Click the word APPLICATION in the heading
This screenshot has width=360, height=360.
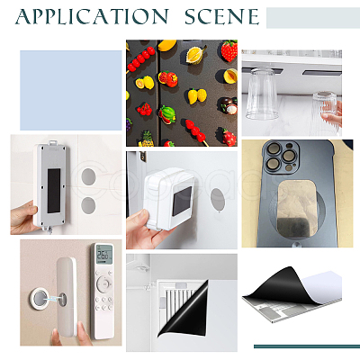[x=92, y=16]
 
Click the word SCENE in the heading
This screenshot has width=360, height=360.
[x=222, y=16]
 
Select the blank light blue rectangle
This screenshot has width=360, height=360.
[x=71, y=90]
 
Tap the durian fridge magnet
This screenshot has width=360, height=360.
[x=196, y=54]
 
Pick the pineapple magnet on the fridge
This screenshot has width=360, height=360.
[x=147, y=139]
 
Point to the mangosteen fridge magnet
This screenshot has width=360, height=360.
[x=228, y=105]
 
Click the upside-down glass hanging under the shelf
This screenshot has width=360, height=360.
[x=262, y=94]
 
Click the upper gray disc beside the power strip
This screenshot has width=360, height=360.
[x=88, y=176]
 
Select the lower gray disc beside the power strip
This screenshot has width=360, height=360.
[x=88, y=205]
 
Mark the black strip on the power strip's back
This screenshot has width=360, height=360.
[x=54, y=191]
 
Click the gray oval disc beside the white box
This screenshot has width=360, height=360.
[x=218, y=199]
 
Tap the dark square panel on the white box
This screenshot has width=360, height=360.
[x=182, y=201]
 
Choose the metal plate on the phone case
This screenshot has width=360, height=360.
[x=297, y=209]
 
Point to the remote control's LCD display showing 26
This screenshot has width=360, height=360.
[x=103, y=255]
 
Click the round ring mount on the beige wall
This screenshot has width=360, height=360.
[x=40, y=298]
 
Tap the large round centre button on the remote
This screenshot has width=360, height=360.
[x=103, y=283]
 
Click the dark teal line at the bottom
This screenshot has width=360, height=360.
[x=307, y=346]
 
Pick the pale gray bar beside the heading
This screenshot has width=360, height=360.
[x=313, y=18]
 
